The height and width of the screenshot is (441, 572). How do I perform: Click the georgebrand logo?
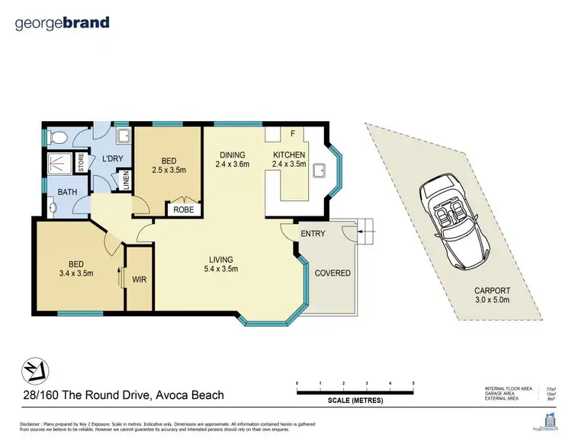click(63, 23)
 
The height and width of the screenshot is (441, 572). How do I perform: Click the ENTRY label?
click(313, 233)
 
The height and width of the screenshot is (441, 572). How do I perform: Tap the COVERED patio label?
click(333, 273)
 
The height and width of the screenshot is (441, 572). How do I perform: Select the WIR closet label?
click(139, 280)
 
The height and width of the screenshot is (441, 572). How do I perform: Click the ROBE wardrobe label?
click(183, 209)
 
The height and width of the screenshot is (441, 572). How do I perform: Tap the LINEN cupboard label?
click(126, 182)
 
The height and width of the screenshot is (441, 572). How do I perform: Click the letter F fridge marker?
click(292, 134)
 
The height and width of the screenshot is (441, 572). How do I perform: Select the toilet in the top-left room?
click(55, 139)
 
